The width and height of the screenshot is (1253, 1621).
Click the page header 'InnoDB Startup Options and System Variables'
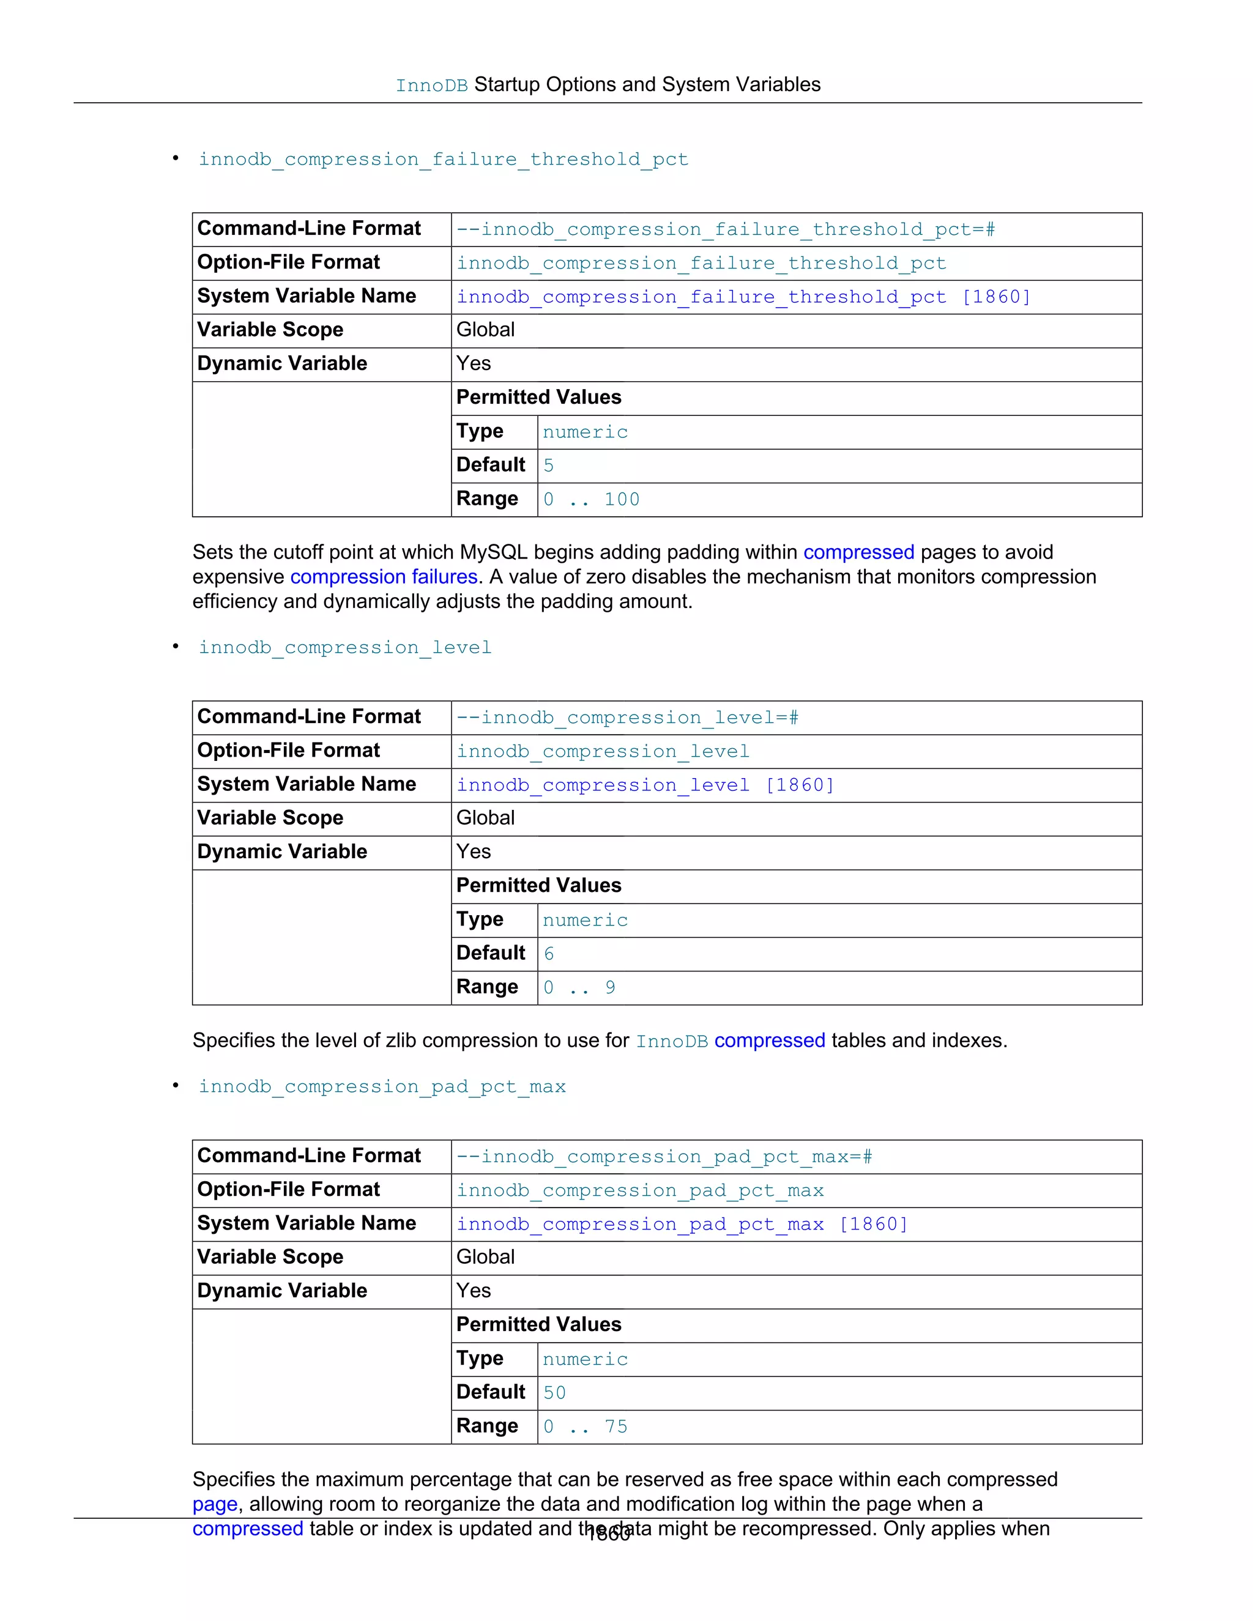click(608, 84)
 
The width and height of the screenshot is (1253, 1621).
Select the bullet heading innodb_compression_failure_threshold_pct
click(443, 159)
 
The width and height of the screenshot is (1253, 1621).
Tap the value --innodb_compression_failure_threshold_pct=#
click(725, 229)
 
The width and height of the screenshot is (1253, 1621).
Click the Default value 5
click(549, 466)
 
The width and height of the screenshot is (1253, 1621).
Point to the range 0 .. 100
click(591, 500)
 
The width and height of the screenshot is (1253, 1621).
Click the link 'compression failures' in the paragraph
click(383, 577)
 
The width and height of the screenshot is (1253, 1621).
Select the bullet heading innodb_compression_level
click(344, 647)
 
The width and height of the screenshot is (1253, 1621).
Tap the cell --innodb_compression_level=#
click(627, 718)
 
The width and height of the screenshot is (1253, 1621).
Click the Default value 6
click(549, 954)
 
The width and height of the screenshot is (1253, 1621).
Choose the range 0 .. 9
click(579, 987)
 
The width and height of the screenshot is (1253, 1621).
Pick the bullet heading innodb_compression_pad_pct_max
click(382, 1086)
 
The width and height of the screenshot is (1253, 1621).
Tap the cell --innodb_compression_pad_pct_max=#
click(664, 1156)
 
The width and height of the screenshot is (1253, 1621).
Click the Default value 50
click(554, 1392)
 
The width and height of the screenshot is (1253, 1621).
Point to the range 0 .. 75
click(585, 1426)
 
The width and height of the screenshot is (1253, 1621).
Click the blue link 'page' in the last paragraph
click(215, 1505)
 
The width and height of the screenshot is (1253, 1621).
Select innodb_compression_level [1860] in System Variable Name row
click(645, 785)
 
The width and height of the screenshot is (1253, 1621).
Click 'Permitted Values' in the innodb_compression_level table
click(538, 886)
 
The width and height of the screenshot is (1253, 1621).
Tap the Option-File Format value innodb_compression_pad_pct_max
click(640, 1190)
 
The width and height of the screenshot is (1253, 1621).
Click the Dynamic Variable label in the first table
click(282, 364)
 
